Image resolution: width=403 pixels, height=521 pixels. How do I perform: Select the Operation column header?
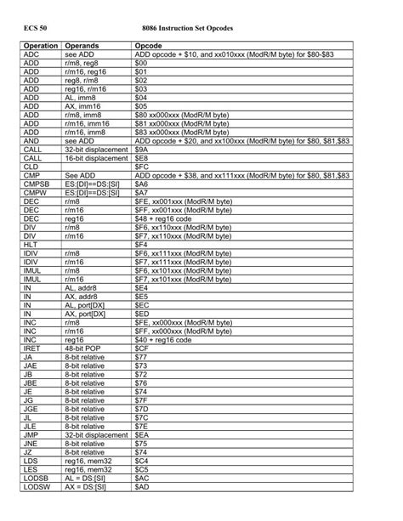point(41,44)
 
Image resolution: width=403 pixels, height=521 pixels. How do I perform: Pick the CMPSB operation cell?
point(37,184)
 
